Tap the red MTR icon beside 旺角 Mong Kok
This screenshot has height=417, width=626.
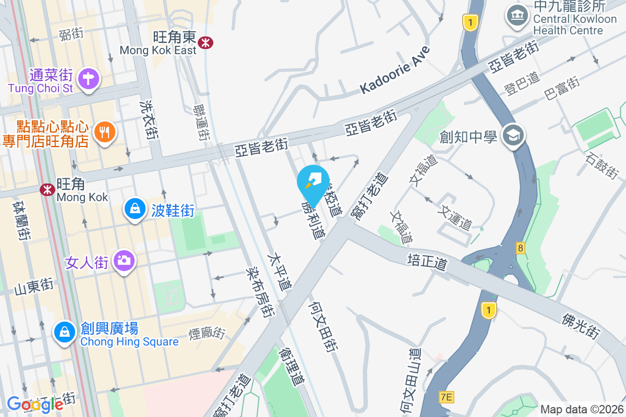[47, 189]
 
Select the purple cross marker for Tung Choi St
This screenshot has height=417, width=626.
[88, 79]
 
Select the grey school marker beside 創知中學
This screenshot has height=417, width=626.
[513, 136]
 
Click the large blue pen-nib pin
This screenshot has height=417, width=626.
[314, 183]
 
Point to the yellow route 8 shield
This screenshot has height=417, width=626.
[520, 248]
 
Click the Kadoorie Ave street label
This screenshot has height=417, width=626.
[395, 71]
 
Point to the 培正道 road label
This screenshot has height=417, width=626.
[427, 261]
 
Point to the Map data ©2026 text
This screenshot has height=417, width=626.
[582, 409]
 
